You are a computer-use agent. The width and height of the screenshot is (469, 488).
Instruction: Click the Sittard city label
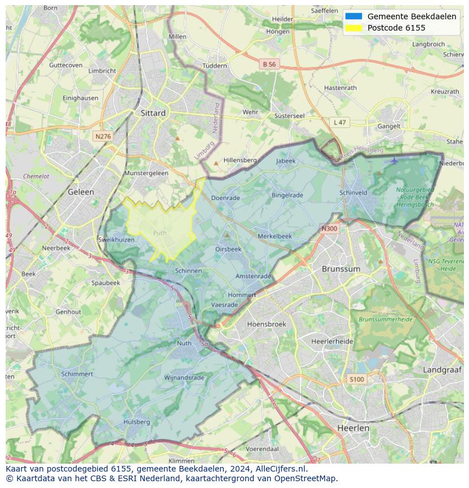pyautogui.click(x=153, y=113)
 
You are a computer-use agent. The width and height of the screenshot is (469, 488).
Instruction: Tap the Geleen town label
pyautogui.click(x=81, y=192)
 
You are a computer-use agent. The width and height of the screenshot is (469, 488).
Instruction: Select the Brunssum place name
pyautogui.click(x=340, y=269)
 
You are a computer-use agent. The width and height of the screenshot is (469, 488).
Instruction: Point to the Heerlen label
pyautogui.click(x=353, y=428)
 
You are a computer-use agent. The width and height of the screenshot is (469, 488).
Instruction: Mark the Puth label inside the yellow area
pyautogui.click(x=160, y=232)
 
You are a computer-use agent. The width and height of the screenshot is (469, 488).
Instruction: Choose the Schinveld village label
pyautogui.click(x=353, y=193)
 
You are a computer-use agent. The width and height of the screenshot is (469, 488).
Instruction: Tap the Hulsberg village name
pyautogui.click(x=137, y=422)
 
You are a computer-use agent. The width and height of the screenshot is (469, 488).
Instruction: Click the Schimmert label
pyautogui.click(x=77, y=374)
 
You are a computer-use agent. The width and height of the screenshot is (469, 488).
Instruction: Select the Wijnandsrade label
pyautogui.click(x=184, y=377)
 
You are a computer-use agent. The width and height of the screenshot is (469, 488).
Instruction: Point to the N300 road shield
pyautogui.click(x=329, y=229)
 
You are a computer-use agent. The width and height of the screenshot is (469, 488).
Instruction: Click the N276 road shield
pyautogui.click(x=103, y=137)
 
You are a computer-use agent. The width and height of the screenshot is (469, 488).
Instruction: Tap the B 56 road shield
pyautogui.click(x=269, y=65)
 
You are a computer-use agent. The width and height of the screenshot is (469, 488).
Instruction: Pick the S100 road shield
pyautogui.click(x=357, y=379)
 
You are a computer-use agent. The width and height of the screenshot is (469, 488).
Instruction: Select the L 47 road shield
pyautogui.click(x=339, y=122)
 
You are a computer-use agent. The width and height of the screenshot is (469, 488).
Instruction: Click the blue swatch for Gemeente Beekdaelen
pyautogui.click(x=353, y=16)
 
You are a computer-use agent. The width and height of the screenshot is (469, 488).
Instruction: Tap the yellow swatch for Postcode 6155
pyautogui.click(x=353, y=28)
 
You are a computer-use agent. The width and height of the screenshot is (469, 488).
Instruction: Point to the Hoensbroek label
pyautogui.click(x=266, y=324)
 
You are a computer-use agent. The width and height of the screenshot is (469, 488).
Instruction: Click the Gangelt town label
pyautogui.click(x=389, y=126)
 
